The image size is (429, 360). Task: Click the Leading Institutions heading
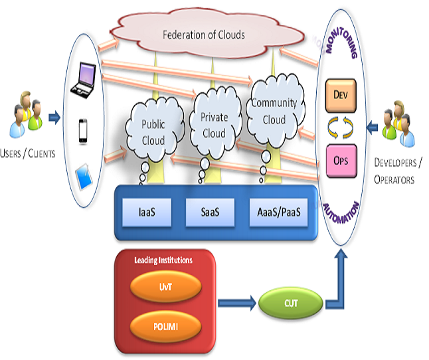(163, 260)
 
